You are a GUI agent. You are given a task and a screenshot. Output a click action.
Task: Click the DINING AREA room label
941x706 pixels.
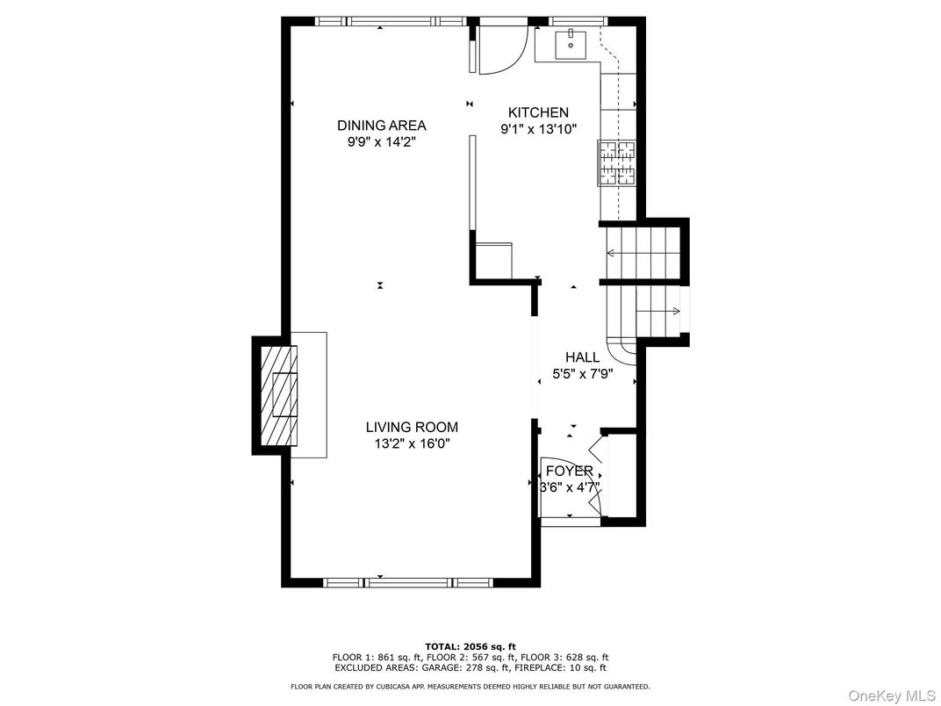(381, 125)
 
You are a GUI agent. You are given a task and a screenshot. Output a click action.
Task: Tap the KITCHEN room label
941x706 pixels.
(539, 112)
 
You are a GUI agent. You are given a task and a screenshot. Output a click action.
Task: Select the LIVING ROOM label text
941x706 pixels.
(412, 428)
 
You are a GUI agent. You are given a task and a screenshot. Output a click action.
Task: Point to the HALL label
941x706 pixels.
(582, 357)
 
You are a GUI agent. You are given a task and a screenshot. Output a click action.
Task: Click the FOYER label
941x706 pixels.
(569, 472)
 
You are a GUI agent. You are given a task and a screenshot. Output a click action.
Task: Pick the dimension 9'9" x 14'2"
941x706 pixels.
(381, 141)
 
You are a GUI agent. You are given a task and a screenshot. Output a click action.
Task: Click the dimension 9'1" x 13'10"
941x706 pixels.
(539, 129)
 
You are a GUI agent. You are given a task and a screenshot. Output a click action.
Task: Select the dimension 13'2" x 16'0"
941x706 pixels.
(412, 444)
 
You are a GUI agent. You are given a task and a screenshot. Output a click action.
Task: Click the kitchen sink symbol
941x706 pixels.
(571, 43)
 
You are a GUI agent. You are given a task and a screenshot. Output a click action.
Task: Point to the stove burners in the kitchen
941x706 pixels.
(617, 163)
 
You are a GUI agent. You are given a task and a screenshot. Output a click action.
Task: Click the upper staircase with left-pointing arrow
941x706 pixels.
(641, 253)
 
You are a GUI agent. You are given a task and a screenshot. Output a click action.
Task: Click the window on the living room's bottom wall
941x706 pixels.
(408, 582)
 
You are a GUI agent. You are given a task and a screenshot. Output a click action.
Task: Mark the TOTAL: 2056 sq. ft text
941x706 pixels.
(470, 645)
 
